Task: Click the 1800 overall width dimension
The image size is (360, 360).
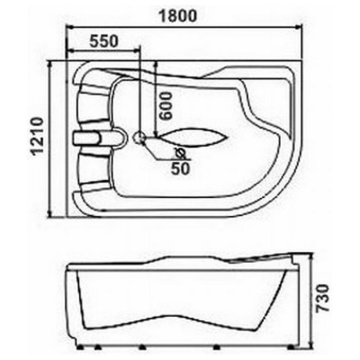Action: pos(177,15)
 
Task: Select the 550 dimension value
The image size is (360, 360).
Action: pos(103,41)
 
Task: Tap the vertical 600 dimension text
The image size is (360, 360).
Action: pos(166,105)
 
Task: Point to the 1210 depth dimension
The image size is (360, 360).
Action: pos(38,136)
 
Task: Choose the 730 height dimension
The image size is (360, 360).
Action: pos(323,299)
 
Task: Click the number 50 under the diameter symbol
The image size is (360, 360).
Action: pos(180,169)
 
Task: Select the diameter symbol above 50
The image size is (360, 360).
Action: pos(180,154)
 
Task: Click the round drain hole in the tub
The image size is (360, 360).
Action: pos(139,138)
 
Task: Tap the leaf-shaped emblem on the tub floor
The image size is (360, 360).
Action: pos(192,139)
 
